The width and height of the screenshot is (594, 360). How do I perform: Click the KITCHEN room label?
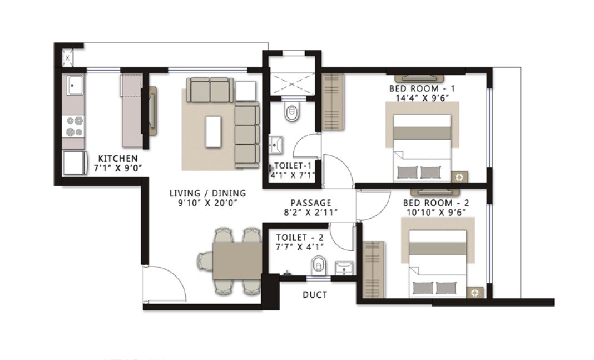point(117,158)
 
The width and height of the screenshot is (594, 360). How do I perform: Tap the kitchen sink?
point(74,86)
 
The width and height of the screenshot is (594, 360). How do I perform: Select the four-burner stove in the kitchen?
point(74,126)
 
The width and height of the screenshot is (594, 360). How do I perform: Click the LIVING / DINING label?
point(207,193)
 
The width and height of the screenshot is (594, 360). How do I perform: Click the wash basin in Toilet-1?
point(276,144)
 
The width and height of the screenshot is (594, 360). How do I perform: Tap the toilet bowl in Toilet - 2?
point(318,265)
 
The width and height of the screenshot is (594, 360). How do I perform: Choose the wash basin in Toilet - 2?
point(344,268)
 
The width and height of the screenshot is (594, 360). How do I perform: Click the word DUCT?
point(315,294)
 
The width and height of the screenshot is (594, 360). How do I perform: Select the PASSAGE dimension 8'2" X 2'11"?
point(310,213)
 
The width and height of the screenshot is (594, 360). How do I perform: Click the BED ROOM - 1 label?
point(422,88)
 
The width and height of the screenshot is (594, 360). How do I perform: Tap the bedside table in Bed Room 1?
point(459,177)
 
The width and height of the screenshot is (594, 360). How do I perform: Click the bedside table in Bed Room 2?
point(474,292)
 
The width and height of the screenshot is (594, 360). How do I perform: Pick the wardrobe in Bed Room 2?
point(373,269)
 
